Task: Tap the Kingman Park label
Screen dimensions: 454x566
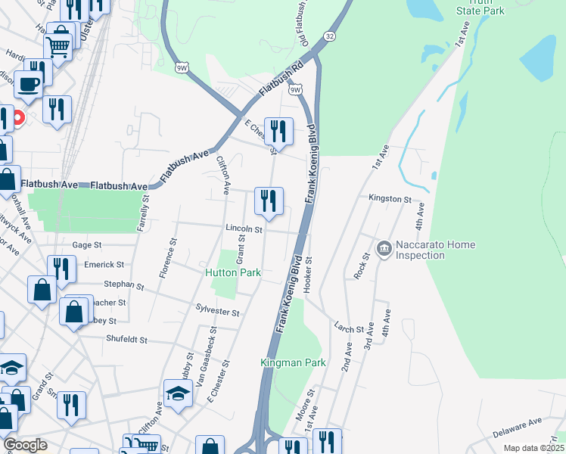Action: point(293,362)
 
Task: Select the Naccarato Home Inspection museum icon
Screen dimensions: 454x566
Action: point(384,247)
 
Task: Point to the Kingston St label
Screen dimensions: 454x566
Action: point(389,199)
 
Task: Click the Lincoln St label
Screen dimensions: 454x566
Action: point(243,228)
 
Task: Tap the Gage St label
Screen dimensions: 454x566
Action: point(86,245)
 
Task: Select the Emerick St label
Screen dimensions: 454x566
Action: point(104,265)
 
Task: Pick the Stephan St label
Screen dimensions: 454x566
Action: point(124,285)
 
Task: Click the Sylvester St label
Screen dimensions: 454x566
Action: point(217,312)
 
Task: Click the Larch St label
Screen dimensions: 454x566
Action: point(350,326)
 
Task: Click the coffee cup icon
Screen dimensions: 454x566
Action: point(30,84)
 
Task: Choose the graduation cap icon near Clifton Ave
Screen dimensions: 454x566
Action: point(178,393)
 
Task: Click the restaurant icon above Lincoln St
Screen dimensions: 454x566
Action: point(269,201)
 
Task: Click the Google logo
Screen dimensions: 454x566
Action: point(25,445)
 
